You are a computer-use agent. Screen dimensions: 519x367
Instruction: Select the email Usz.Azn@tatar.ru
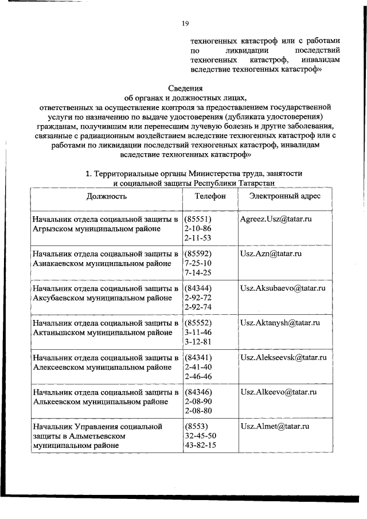pyautogui.click(x=271, y=253)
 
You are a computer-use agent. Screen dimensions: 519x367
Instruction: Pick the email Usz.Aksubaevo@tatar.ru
pyautogui.click(x=283, y=288)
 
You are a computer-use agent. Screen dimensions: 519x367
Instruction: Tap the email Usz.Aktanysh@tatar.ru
pyautogui.click(x=280, y=323)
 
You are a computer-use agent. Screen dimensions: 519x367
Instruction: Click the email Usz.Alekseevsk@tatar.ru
pyautogui.click(x=283, y=357)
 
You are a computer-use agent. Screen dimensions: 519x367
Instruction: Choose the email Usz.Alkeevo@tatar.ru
pyautogui.click(x=279, y=392)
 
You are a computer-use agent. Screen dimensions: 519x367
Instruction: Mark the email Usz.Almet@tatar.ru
pyautogui.click(x=275, y=427)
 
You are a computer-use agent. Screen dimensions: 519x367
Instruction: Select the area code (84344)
pyautogui.click(x=198, y=288)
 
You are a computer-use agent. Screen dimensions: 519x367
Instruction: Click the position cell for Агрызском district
pyautogui.click(x=106, y=224)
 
